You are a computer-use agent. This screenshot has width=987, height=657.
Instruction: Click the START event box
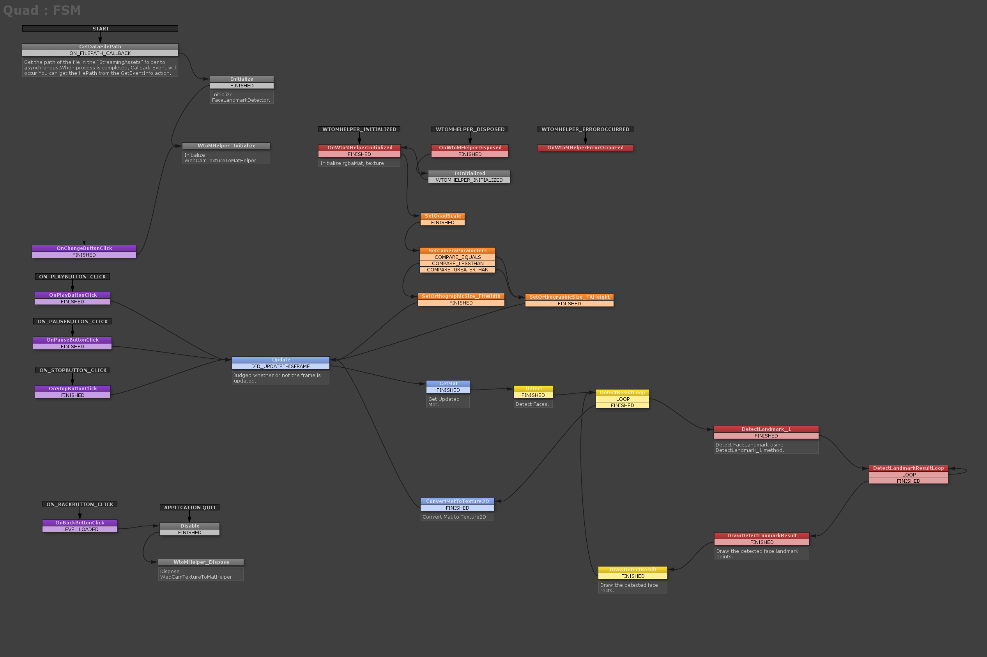(100, 28)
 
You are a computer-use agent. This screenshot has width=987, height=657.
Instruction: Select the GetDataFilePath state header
(100, 46)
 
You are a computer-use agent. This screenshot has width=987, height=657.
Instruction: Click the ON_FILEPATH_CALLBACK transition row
(100, 53)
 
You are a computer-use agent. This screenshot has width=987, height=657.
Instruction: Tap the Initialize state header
(242, 79)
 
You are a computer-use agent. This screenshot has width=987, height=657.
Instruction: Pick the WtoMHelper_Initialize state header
(226, 146)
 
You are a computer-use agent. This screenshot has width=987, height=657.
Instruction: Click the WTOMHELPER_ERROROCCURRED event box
(585, 129)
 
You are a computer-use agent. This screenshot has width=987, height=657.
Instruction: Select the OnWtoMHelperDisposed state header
(470, 147)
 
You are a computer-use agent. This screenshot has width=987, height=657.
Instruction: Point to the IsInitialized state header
(469, 173)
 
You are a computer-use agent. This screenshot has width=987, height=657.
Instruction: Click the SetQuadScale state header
(442, 216)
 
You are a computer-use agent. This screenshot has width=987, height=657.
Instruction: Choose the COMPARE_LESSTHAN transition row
(458, 264)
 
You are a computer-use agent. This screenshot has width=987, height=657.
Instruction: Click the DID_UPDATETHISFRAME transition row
(280, 366)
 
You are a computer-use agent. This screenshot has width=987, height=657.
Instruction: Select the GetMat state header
(448, 383)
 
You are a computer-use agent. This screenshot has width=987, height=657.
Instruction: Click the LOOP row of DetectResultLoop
(623, 399)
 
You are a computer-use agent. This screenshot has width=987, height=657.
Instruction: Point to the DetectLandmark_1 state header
(766, 429)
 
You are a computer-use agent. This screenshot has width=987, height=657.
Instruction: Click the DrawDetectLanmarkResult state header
(762, 535)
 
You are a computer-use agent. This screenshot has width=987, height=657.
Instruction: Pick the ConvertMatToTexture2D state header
(457, 501)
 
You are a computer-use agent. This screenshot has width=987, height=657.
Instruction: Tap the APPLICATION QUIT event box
(190, 507)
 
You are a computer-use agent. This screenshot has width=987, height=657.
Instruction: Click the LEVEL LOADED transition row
(80, 529)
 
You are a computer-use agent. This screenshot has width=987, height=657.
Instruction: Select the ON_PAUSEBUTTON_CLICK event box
(73, 321)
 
